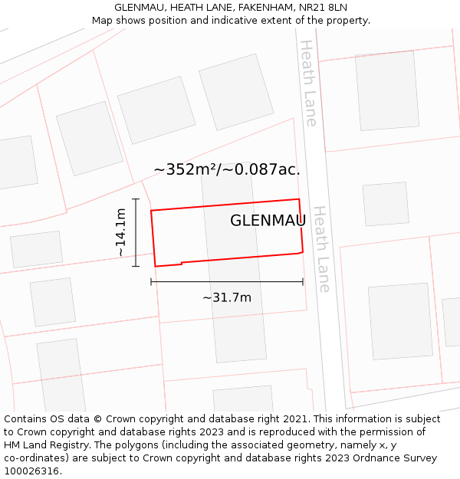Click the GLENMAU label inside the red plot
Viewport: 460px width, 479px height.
pos(268,221)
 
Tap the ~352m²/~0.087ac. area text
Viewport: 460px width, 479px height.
pos(227,170)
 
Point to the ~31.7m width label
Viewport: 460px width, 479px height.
pos(227,297)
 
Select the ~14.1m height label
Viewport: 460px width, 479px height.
pos(121,232)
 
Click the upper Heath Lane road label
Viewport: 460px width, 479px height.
pos(308,83)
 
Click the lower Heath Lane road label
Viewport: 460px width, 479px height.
pos(322,248)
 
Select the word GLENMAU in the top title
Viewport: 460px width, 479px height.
pos(140,7)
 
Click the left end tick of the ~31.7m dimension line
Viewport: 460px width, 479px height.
pos(151,281)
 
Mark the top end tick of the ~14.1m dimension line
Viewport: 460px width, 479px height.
pos(136,199)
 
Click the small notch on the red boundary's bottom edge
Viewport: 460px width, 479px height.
pos(181,264)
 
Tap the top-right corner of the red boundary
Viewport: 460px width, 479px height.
pos(298,199)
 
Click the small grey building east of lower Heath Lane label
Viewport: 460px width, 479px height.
pos(386,204)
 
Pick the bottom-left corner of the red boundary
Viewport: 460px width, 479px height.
pos(156,266)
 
